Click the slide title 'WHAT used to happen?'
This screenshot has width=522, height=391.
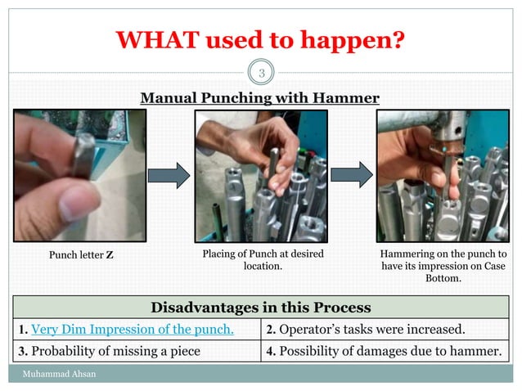click(260, 38)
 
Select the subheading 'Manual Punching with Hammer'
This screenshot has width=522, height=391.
click(260, 98)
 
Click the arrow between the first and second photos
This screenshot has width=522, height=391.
click(170, 175)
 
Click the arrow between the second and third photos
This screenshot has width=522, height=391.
click(352, 175)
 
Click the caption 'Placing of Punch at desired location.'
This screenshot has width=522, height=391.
click(263, 260)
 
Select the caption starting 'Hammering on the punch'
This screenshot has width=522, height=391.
click(443, 266)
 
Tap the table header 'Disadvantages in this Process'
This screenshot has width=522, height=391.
click(260, 308)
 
